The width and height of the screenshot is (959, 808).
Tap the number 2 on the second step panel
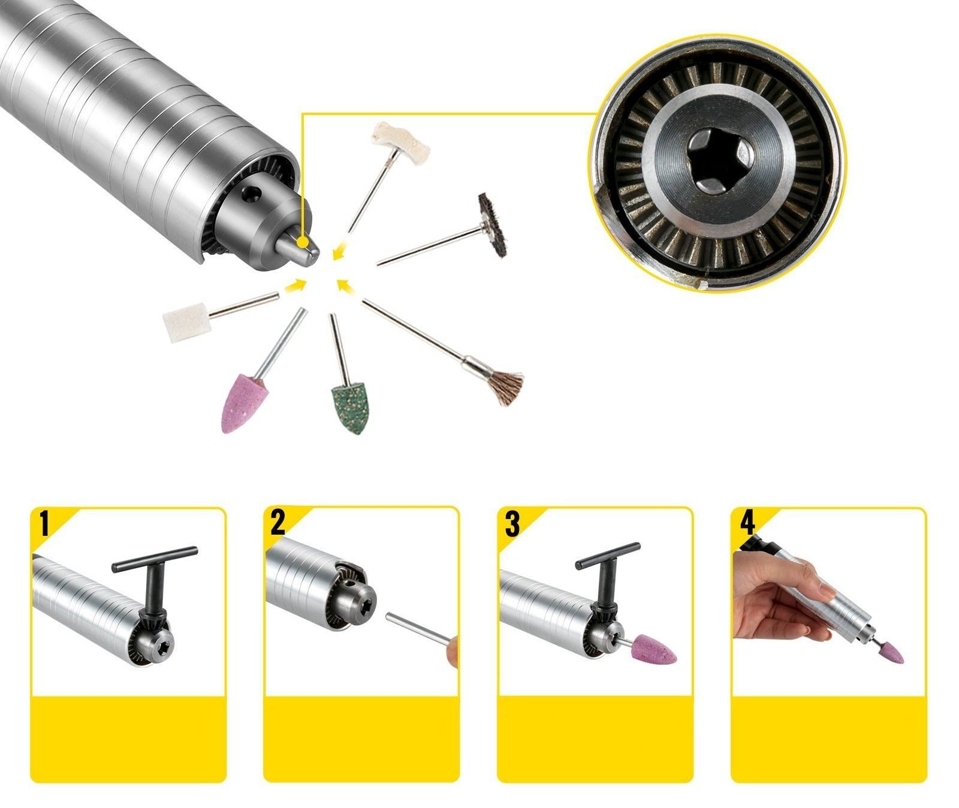[x=278, y=523]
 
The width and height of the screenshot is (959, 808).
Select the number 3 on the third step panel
[x=512, y=523]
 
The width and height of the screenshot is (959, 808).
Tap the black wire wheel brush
[x=493, y=225]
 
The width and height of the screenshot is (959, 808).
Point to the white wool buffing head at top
[x=390, y=135]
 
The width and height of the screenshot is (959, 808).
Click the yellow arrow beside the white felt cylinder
[x=293, y=286]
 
